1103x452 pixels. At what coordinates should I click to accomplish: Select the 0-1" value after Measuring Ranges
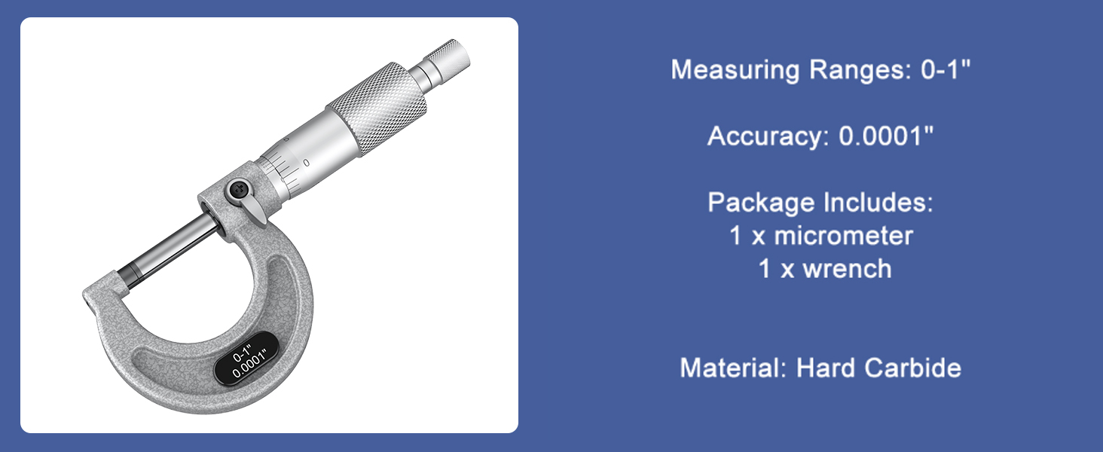click(x=945, y=70)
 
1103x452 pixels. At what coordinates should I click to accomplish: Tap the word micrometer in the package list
click(x=843, y=236)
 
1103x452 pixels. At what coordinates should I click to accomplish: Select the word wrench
click(x=847, y=269)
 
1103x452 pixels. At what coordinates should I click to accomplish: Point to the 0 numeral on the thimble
click(x=306, y=162)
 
